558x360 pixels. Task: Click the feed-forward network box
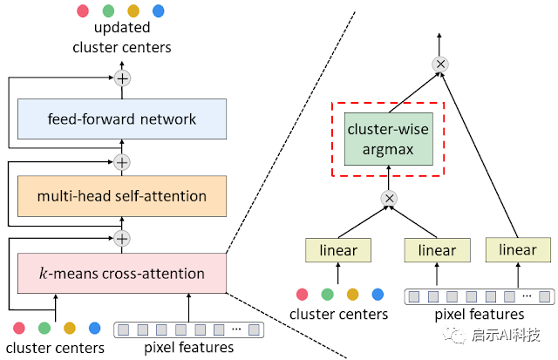click(x=122, y=119)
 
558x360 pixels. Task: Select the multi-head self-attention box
click(x=122, y=196)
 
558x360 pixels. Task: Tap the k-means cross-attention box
click(x=122, y=273)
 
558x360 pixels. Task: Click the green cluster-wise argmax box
click(x=389, y=139)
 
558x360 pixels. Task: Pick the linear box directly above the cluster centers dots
click(x=338, y=250)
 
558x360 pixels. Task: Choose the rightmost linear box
click(x=518, y=249)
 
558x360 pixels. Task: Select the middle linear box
click(x=437, y=250)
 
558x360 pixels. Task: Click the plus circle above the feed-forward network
click(x=122, y=78)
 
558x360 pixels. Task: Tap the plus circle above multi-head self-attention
click(x=122, y=163)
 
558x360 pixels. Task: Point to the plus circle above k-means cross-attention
click(x=122, y=239)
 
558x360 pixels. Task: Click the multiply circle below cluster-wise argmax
click(x=389, y=198)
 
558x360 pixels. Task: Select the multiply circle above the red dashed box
click(x=440, y=65)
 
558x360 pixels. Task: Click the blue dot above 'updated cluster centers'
click(x=159, y=10)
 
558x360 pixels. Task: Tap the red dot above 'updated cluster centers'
click(x=83, y=10)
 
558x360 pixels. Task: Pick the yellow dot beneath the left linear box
click(x=352, y=295)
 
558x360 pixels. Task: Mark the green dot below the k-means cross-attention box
click(x=44, y=328)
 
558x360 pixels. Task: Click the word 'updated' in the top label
click(x=122, y=28)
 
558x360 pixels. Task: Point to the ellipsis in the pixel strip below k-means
click(x=236, y=329)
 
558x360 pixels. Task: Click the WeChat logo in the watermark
click(x=454, y=335)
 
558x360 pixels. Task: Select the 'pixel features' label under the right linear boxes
click(x=480, y=314)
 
